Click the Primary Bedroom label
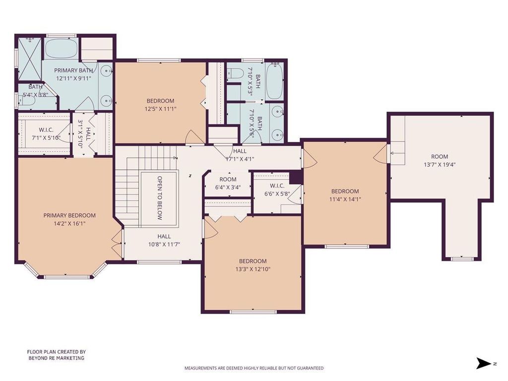point(69,215)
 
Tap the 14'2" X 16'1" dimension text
point(69,223)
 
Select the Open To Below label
point(159,198)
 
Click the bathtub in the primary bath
point(61,49)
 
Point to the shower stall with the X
point(29,59)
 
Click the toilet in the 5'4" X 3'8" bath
point(27,101)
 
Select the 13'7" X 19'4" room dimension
point(440,164)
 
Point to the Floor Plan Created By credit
point(57,355)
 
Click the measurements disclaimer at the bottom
point(254,368)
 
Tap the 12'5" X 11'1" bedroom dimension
point(160,109)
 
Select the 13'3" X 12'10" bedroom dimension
point(253,269)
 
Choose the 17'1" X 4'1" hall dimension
point(240,159)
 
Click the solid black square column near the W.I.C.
point(296,178)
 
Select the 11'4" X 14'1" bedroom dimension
point(345,199)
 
